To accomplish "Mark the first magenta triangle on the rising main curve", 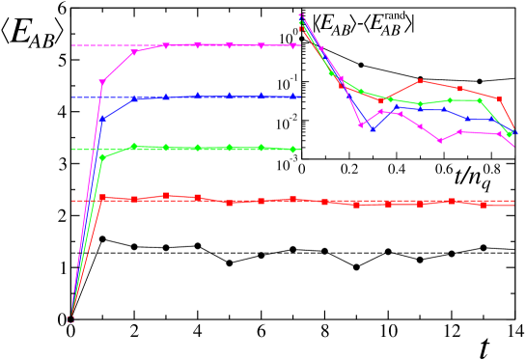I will [102, 83].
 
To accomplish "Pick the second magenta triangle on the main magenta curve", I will [134, 52].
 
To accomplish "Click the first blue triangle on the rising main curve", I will [102, 119].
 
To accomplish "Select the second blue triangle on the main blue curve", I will [134, 98].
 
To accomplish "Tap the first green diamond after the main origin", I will [102, 156].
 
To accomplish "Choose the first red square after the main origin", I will [102, 197].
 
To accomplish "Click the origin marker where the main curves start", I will [70, 318].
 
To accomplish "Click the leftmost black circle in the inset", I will [361, 65].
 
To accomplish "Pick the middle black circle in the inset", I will [421, 78].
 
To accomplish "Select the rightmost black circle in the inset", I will [480, 81].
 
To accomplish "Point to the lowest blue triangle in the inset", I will [373, 128].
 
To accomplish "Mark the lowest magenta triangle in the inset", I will [440, 140].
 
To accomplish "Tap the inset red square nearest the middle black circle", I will [420, 80].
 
